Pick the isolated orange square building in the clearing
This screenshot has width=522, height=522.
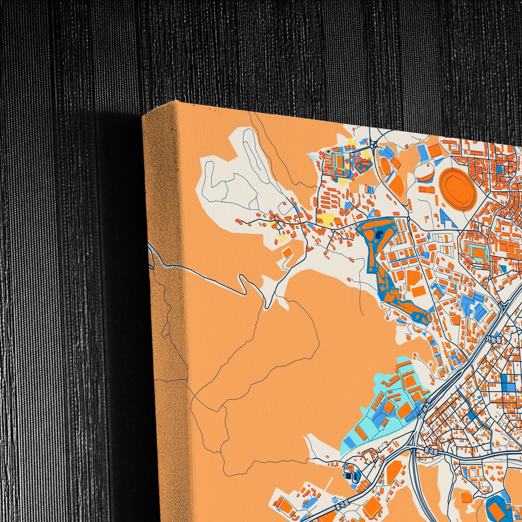point(287,252)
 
